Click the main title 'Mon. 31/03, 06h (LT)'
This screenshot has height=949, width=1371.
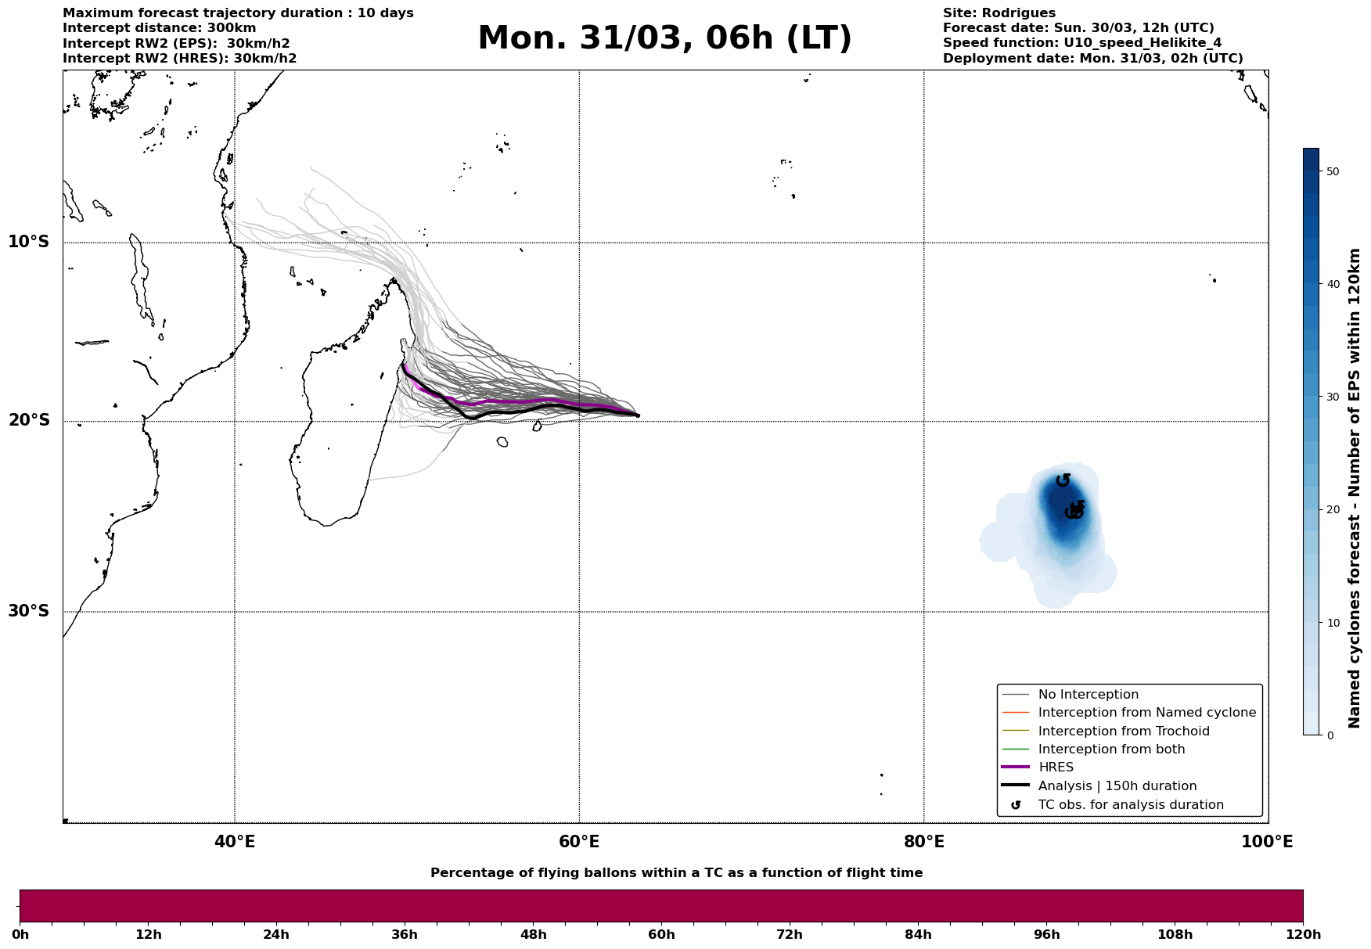[x=664, y=38]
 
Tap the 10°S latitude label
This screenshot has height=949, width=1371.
[x=29, y=242]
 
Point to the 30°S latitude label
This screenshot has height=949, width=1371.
[x=29, y=611]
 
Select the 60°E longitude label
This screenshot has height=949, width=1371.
[x=579, y=842]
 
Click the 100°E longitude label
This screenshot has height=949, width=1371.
[x=1267, y=842]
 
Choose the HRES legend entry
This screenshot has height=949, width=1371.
[x=1056, y=767]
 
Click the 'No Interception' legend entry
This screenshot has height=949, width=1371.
[x=1088, y=695]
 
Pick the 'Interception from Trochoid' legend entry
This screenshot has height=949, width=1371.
[x=1123, y=732]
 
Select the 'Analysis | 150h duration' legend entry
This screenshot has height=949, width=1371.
[x=1117, y=786]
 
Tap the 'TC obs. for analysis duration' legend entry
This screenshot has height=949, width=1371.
[x=1130, y=805]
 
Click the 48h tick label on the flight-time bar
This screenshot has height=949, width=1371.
[x=533, y=934]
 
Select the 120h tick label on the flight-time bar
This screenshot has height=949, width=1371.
[x=1303, y=934]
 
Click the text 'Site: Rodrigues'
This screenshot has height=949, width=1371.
[x=999, y=13]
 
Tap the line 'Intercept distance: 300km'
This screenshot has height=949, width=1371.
[x=159, y=28]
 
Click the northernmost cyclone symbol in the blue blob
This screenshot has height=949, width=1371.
[x=1063, y=480]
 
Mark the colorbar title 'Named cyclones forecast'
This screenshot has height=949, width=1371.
[x=1355, y=488]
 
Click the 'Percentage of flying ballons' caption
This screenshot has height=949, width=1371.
[x=676, y=873]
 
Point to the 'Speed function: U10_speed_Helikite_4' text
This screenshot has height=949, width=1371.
[x=1081, y=43]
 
